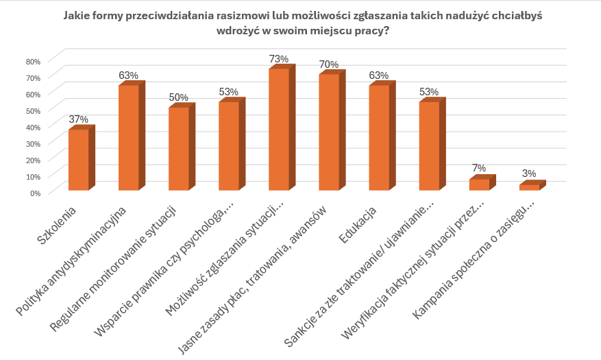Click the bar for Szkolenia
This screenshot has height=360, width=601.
pyautogui.click(x=78, y=159)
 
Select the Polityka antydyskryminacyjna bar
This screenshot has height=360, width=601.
pyautogui.click(x=128, y=137)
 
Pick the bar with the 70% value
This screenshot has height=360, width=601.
pyautogui.click(x=329, y=132)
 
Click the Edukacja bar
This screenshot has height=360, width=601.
pyautogui.click(x=379, y=137)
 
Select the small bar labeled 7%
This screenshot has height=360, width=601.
pyautogui.click(x=479, y=184)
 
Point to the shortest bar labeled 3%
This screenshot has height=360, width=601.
pyautogui.click(x=529, y=187)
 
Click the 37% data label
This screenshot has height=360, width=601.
pyautogui.click(x=79, y=119)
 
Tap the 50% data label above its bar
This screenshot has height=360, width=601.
pyautogui.click(x=179, y=97)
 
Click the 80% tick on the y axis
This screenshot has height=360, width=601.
pyautogui.click(x=34, y=61)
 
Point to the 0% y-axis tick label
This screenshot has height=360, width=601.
pyautogui.click(x=36, y=193)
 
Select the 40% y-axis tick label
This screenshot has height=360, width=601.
pyautogui.click(x=34, y=127)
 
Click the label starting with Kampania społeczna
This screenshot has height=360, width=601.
pyautogui.click(x=480, y=261)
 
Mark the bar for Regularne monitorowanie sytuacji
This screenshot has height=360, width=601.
pyautogui.click(x=178, y=148)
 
